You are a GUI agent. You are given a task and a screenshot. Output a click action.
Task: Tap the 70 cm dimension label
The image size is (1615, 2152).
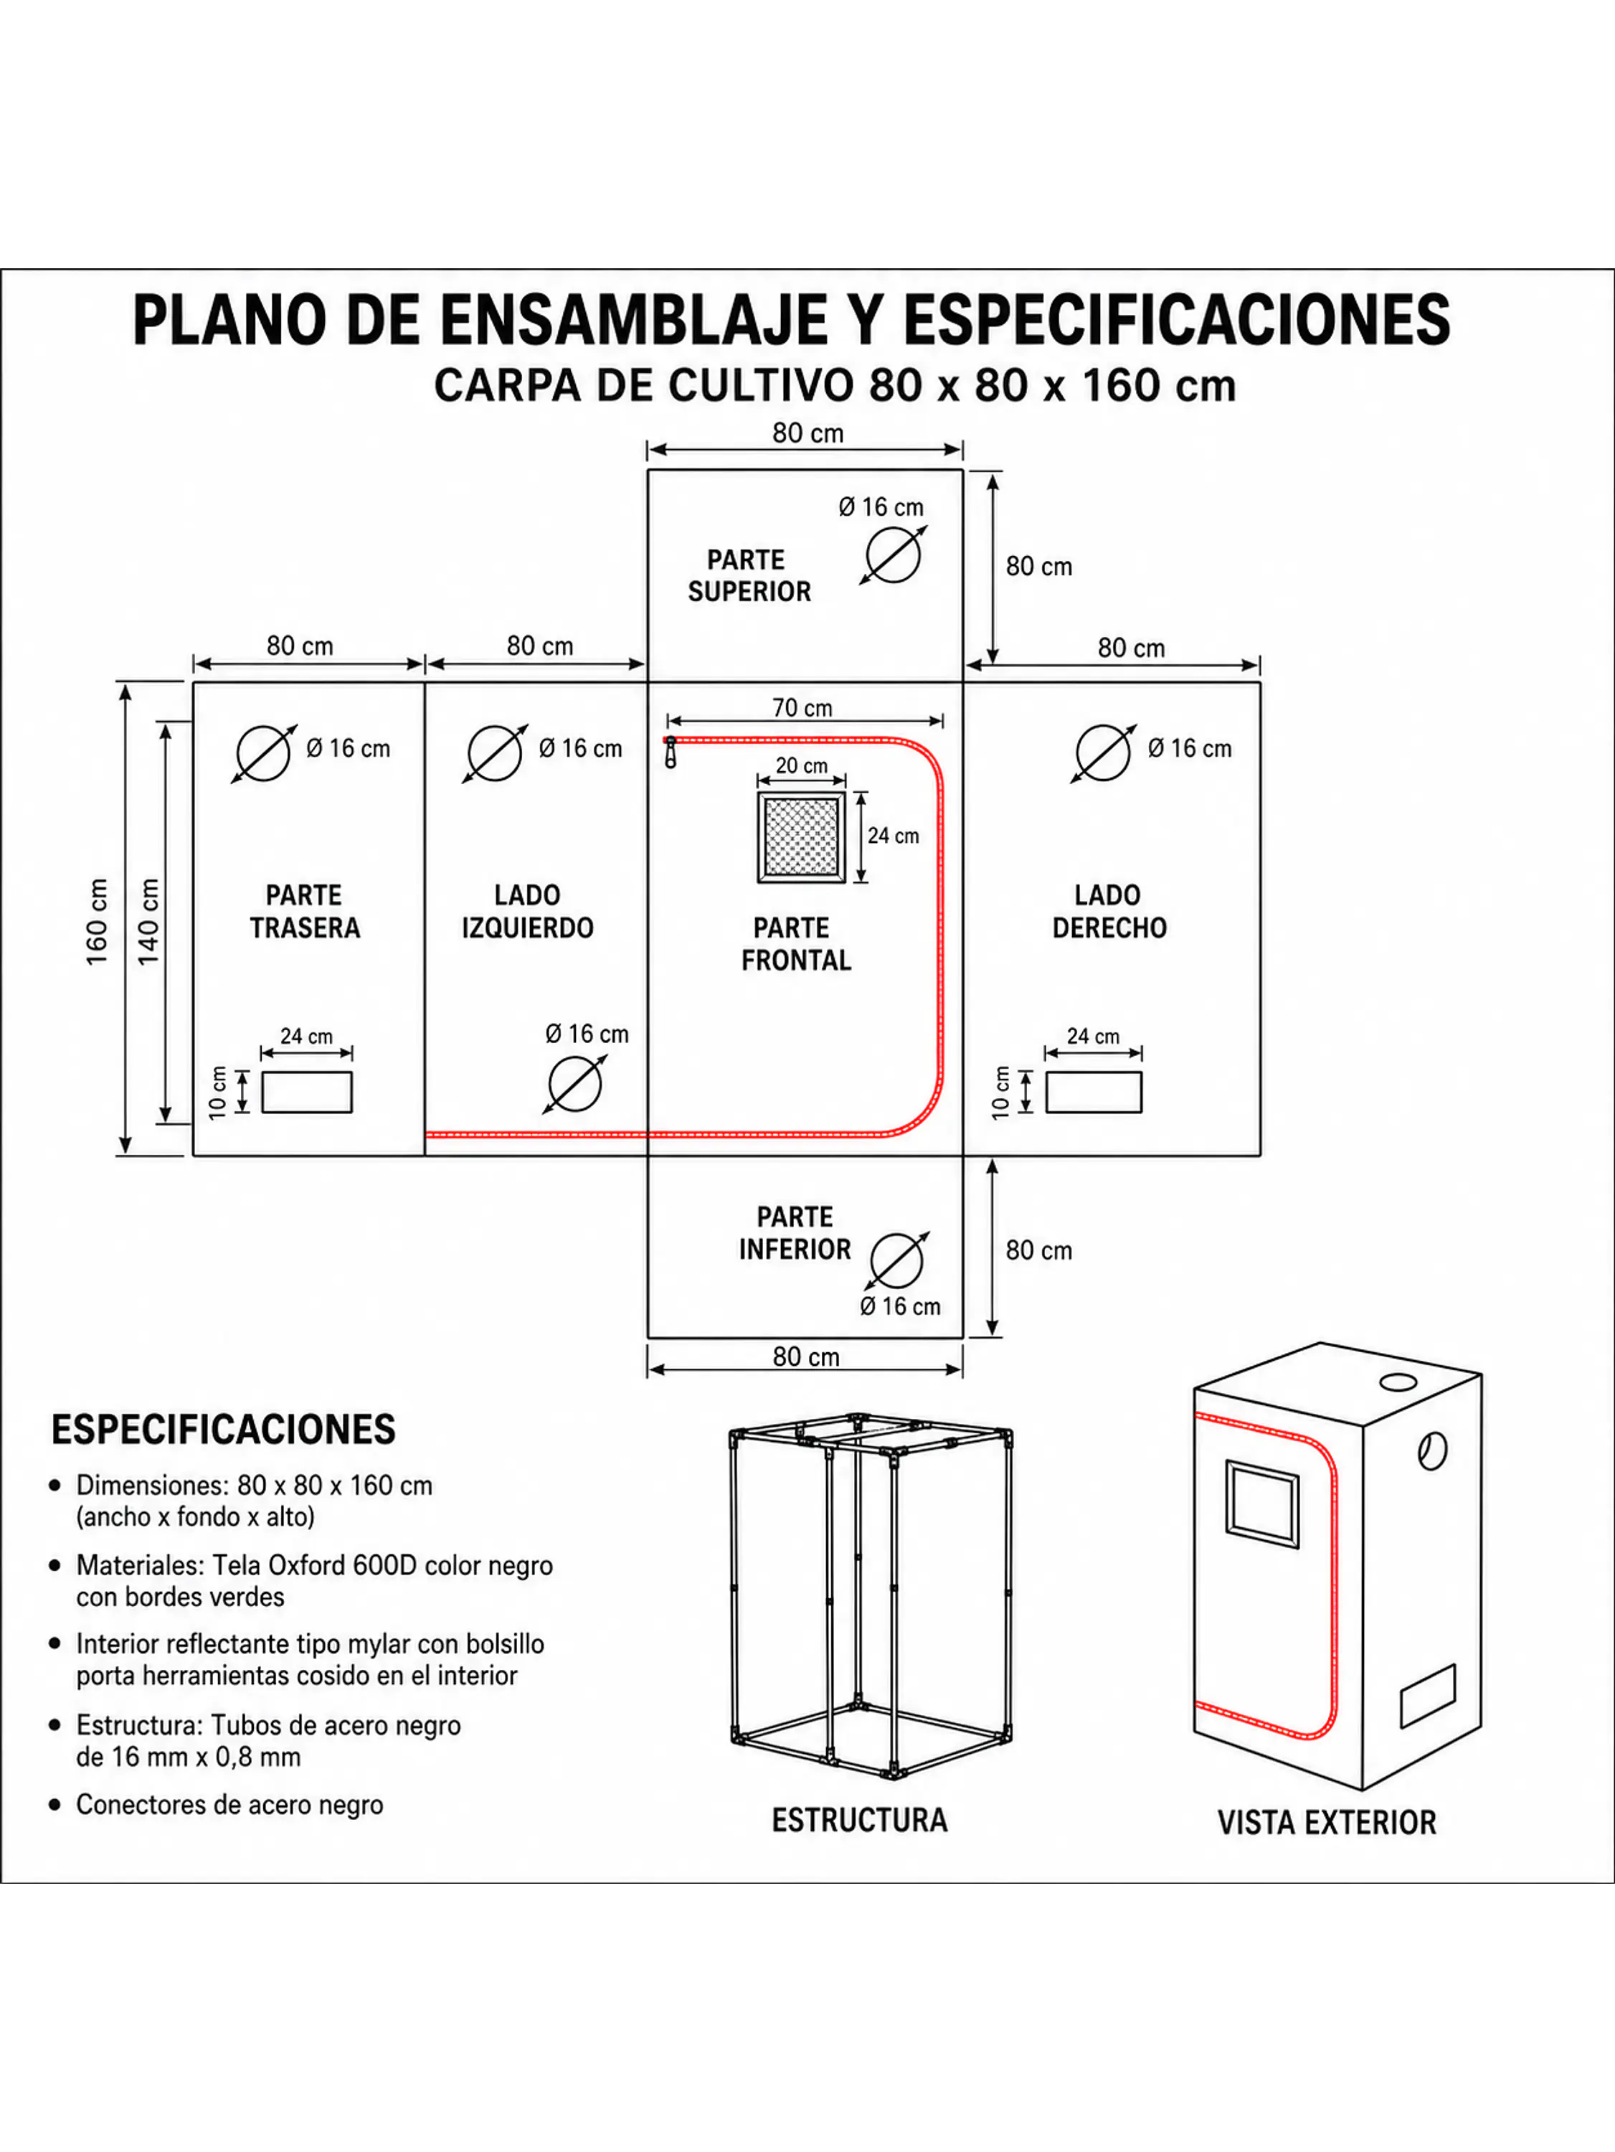[x=802, y=707]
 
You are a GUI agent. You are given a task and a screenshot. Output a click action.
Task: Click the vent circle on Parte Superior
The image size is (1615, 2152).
[x=893, y=555]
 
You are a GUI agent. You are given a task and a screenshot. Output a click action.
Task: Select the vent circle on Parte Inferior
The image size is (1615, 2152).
[x=896, y=1261]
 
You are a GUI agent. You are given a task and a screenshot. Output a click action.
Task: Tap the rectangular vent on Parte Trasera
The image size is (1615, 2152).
[x=306, y=1092]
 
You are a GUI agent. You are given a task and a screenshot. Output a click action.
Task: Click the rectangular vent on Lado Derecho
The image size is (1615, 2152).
[x=1094, y=1092]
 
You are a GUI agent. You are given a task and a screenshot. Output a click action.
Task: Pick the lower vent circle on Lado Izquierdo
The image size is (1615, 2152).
[x=575, y=1084]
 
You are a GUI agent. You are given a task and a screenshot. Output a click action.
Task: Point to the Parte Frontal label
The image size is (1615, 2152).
[x=795, y=944]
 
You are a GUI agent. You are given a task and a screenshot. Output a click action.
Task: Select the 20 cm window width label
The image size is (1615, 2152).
[x=802, y=765]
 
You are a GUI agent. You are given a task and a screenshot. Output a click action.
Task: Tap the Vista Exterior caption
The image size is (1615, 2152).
[x=1326, y=1822]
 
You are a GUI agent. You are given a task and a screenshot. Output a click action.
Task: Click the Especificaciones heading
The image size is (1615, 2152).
[x=223, y=1429]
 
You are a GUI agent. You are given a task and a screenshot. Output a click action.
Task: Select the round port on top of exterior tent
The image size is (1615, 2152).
[x=1398, y=1382]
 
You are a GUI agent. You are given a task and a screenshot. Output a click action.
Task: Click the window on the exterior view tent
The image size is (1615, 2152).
[x=1262, y=1503]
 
